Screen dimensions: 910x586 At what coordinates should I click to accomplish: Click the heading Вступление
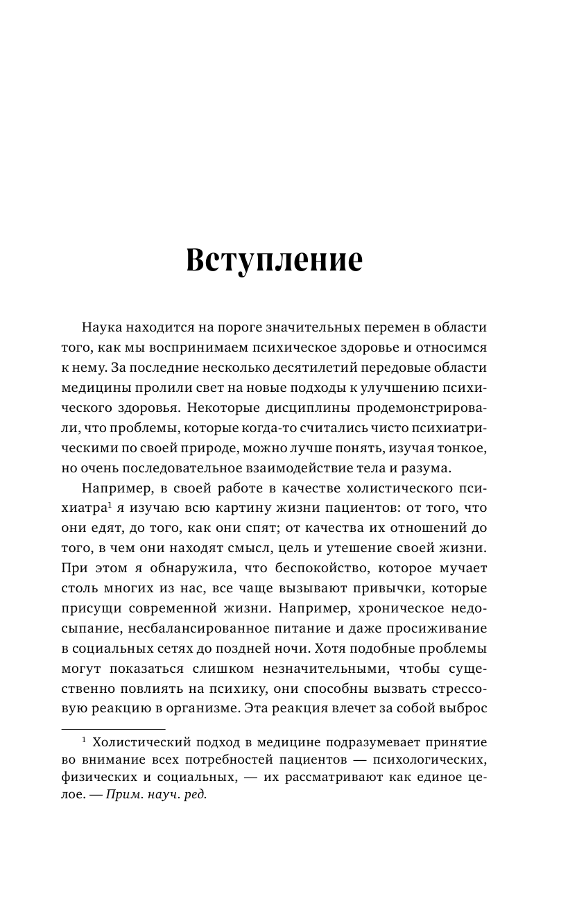(x=275, y=260)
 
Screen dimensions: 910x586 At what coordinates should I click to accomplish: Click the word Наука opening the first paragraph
(x=103, y=327)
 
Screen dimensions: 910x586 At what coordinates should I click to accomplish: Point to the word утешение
(x=388, y=549)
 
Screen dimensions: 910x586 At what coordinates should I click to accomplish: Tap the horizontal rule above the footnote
(x=114, y=729)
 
